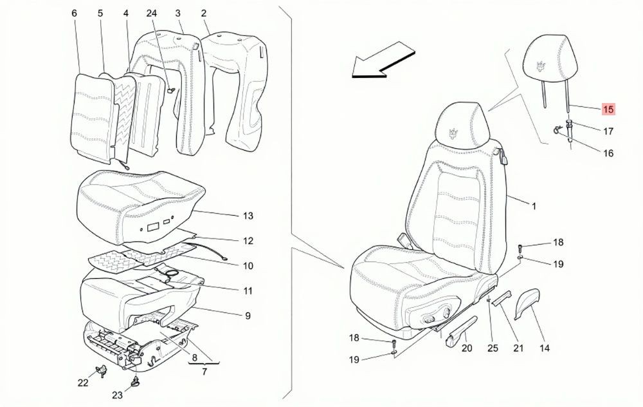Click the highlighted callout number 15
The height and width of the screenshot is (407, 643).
pyautogui.click(x=608, y=109)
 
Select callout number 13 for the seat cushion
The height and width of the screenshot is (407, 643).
pyautogui.click(x=248, y=216)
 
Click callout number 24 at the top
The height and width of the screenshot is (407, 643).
pyautogui.click(x=151, y=13)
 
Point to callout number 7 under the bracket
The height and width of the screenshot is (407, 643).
pyautogui.click(x=204, y=372)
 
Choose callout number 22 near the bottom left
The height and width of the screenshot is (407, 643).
pyautogui.click(x=83, y=383)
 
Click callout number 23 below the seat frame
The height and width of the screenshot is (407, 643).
pyautogui.click(x=117, y=395)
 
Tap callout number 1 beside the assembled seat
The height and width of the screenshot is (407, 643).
pyautogui.click(x=534, y=206)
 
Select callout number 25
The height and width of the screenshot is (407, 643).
pyautogui.click(x=493, y=348)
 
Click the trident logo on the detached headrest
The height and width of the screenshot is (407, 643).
pyautogui.click(x=542, y=66)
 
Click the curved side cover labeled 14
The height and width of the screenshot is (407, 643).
pyautogui.click(x=527, y=303)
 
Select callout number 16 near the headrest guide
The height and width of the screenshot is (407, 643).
pyautogui.click(x=608, y=153)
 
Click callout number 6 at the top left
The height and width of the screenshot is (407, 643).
pyautogui.click(x=74, y=13)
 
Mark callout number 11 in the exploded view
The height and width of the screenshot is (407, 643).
pyautogui.click(x=248, y=291)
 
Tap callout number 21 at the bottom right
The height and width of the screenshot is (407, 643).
pyautogui.click(x=518, y=348)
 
